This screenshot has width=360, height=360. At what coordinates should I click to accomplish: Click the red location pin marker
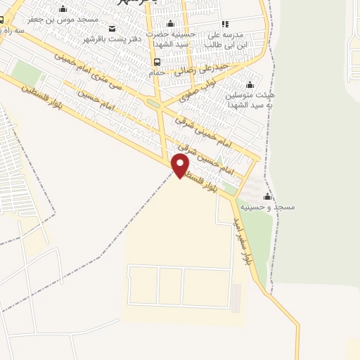tap(181, 166)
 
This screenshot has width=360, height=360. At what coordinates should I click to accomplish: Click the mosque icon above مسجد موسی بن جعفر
tap(63, 9)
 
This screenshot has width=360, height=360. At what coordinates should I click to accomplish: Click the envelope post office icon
tap(113, 28)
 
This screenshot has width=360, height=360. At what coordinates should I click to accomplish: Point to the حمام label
tap(157, 72)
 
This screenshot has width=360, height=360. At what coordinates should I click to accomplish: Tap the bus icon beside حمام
tap(156, 62)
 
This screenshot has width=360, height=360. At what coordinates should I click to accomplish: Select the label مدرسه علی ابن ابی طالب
tap(229, 39)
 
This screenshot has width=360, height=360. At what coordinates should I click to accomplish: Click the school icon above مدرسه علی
tap(225, 24)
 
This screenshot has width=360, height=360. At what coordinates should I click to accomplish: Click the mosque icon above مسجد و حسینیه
tap(267, 197)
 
